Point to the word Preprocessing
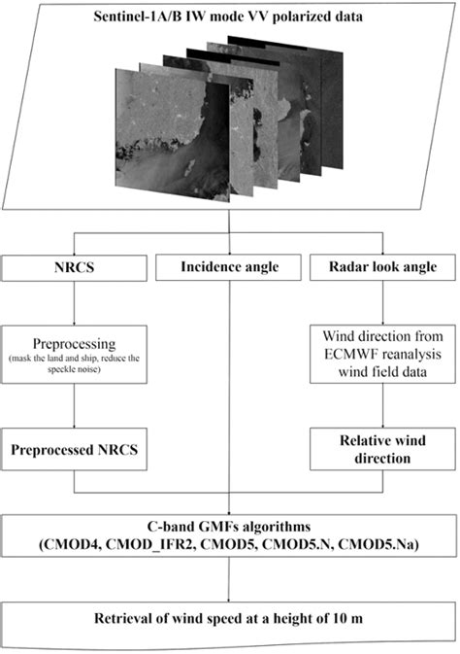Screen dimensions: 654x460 (76, 342)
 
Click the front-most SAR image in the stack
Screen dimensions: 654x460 (160, 146)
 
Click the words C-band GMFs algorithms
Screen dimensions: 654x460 (231, 526)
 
